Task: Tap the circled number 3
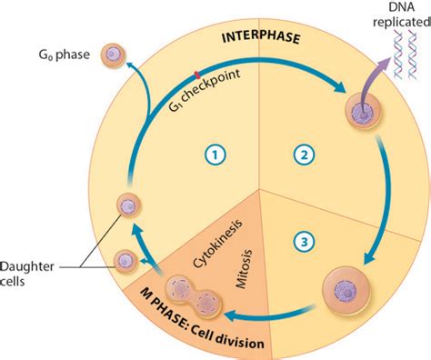pyautogui.click(x=305, y=241)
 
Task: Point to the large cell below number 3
pyautogui.click(x=347, y=291)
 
